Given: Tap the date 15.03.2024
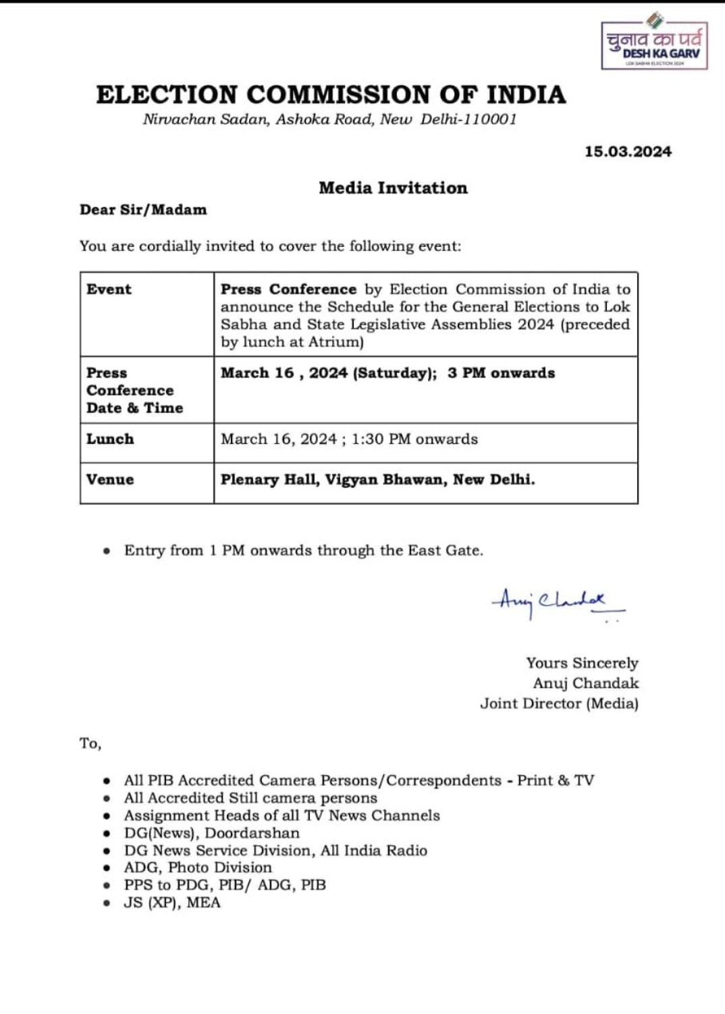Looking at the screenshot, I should [628, 152].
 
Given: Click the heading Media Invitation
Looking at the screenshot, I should [393, 188].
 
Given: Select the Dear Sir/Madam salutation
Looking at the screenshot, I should [143, 210].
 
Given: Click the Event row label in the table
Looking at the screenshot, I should [109, 289].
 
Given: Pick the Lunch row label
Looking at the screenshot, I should [110, 439].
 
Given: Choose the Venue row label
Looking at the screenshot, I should [110, 480].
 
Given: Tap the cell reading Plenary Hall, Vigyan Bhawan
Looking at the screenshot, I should [377, 480].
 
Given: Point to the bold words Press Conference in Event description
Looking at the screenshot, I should [288, 289].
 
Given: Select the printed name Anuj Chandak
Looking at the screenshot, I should [585, 683].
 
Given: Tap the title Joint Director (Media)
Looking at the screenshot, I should [559, 704].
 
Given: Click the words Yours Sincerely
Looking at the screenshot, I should [582, 663].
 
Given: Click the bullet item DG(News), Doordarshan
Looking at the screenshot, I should [211, 833].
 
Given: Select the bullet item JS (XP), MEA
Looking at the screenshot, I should [172, 903].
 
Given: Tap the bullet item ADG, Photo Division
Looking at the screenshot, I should [198, 868].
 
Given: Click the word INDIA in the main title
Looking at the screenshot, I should [526, 94].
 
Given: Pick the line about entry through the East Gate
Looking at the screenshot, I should [303, 551].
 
